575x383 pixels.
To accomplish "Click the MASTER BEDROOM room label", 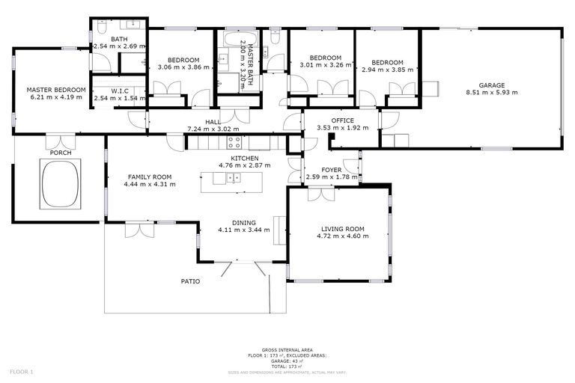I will [49, 89].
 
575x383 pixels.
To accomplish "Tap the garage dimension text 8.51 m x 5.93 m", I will [492, 93].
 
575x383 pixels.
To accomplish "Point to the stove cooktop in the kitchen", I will [234, 141].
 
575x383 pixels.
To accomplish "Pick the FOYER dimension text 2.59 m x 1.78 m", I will [332, 177].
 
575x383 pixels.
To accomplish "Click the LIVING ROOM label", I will [342, 230].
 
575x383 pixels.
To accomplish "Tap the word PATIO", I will [190, 281].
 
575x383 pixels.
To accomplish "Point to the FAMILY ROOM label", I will [150, 177].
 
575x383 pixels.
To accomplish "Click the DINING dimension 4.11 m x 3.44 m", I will [243, 230].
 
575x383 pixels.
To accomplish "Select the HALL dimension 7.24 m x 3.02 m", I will [213, 129].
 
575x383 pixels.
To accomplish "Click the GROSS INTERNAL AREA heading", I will [287, 349].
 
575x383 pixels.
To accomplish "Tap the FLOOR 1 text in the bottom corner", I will [22, 371].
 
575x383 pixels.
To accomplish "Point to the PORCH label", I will [61, 153].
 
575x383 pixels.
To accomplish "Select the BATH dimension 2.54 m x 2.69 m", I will [118, 46].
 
